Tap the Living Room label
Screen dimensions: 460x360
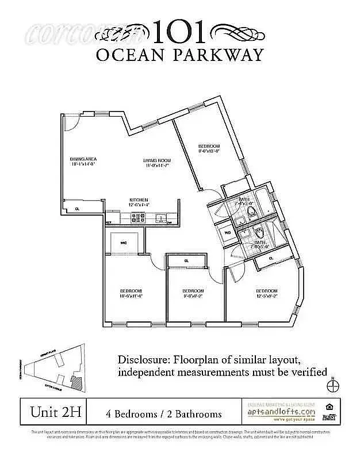(157, 163)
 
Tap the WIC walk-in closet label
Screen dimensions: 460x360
(123, 243)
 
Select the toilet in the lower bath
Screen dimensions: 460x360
(259, 233)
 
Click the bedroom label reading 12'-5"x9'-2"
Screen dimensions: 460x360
(267, 293)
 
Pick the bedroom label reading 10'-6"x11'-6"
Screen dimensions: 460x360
(131, 293)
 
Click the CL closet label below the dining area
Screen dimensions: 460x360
(76, 209)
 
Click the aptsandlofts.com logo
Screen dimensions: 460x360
(281, 412)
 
